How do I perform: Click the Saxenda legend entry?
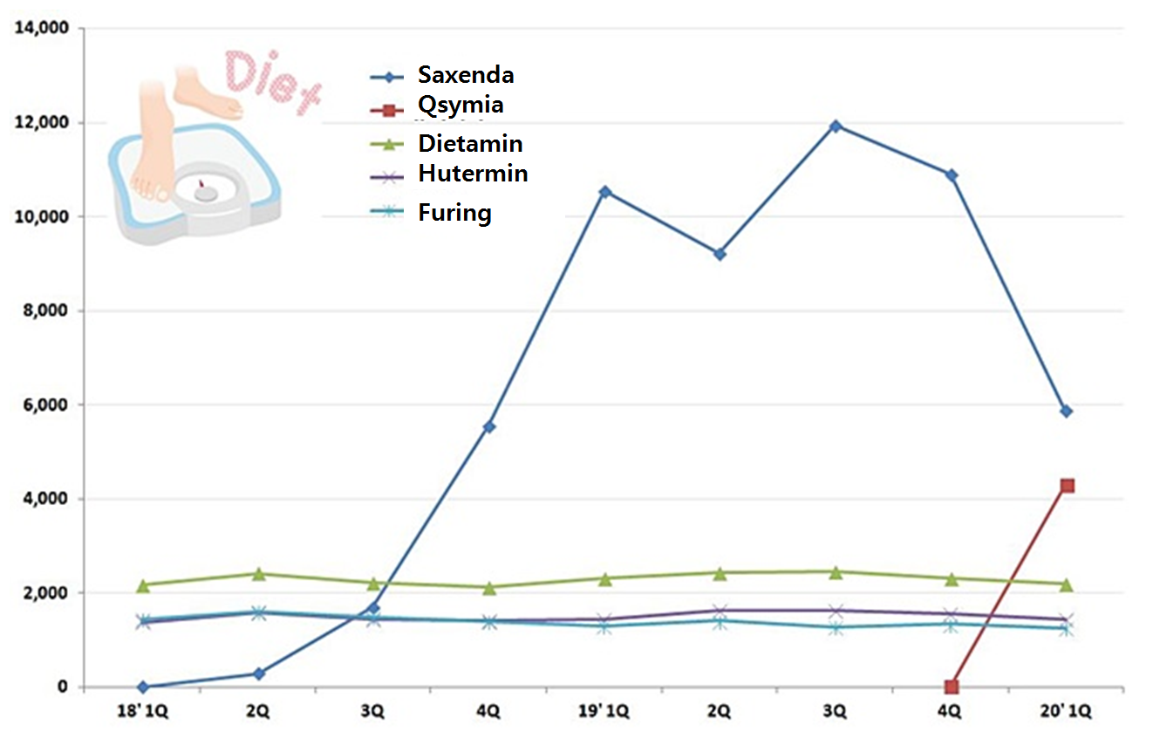click(x=465, y=75)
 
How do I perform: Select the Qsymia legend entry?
click(x=460, y=106)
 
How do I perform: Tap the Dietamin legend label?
click(x=470, y=142)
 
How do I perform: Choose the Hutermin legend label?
click(x=473, y=173)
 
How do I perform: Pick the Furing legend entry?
click(x=454, y=213)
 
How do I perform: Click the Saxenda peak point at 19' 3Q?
click(x=835, y=126)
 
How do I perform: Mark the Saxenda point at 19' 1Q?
click(x=604, y=191)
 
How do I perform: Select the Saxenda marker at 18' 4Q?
click(x=489, y=427)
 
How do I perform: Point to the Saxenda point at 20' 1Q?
click(x=1066, y=411)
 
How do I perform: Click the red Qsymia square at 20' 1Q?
click(x=1066, y=486)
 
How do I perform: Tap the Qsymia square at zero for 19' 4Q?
click(x=951, y=687)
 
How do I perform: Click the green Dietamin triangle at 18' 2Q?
click(x=258, y=573)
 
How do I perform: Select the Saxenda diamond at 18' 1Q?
click(x=143, y=687)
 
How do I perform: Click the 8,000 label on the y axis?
click(x=47, y=311)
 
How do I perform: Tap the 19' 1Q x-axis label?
click(x=603, y=711)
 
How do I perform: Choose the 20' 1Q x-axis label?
click(x=1064, y=711)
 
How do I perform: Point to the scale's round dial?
click(x=206, y=192)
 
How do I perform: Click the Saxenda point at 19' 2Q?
click(x=720, y=254)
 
